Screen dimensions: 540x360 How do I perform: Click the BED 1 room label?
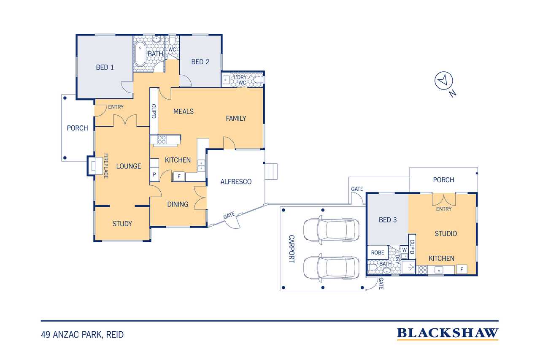(105, 67)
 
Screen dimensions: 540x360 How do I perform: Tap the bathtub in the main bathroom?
(140, 54)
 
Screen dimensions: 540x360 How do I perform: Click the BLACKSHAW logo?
(448, 333)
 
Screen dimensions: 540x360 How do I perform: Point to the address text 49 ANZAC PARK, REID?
(82, 335)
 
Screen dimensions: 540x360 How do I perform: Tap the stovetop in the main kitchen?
(162, 140)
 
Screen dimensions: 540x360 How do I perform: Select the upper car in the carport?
(331, 230)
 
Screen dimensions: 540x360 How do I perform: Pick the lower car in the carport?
(331, 268)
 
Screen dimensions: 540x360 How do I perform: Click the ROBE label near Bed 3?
(378, 252)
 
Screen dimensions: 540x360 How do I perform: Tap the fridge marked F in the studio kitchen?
(462, 270)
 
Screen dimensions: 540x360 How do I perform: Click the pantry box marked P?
(154, 174)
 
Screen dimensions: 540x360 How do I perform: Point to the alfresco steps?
(271, 171)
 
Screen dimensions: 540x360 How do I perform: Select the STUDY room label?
(122, 224)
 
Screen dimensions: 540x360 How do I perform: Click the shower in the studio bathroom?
(408, 267)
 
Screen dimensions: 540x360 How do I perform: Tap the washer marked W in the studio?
(404, 250)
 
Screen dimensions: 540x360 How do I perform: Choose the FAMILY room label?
(236, 119)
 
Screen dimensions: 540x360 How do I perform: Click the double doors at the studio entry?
(443, 199)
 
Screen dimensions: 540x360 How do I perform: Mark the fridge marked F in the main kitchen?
(179, 176)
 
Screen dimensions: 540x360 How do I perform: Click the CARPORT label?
(292, 249)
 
